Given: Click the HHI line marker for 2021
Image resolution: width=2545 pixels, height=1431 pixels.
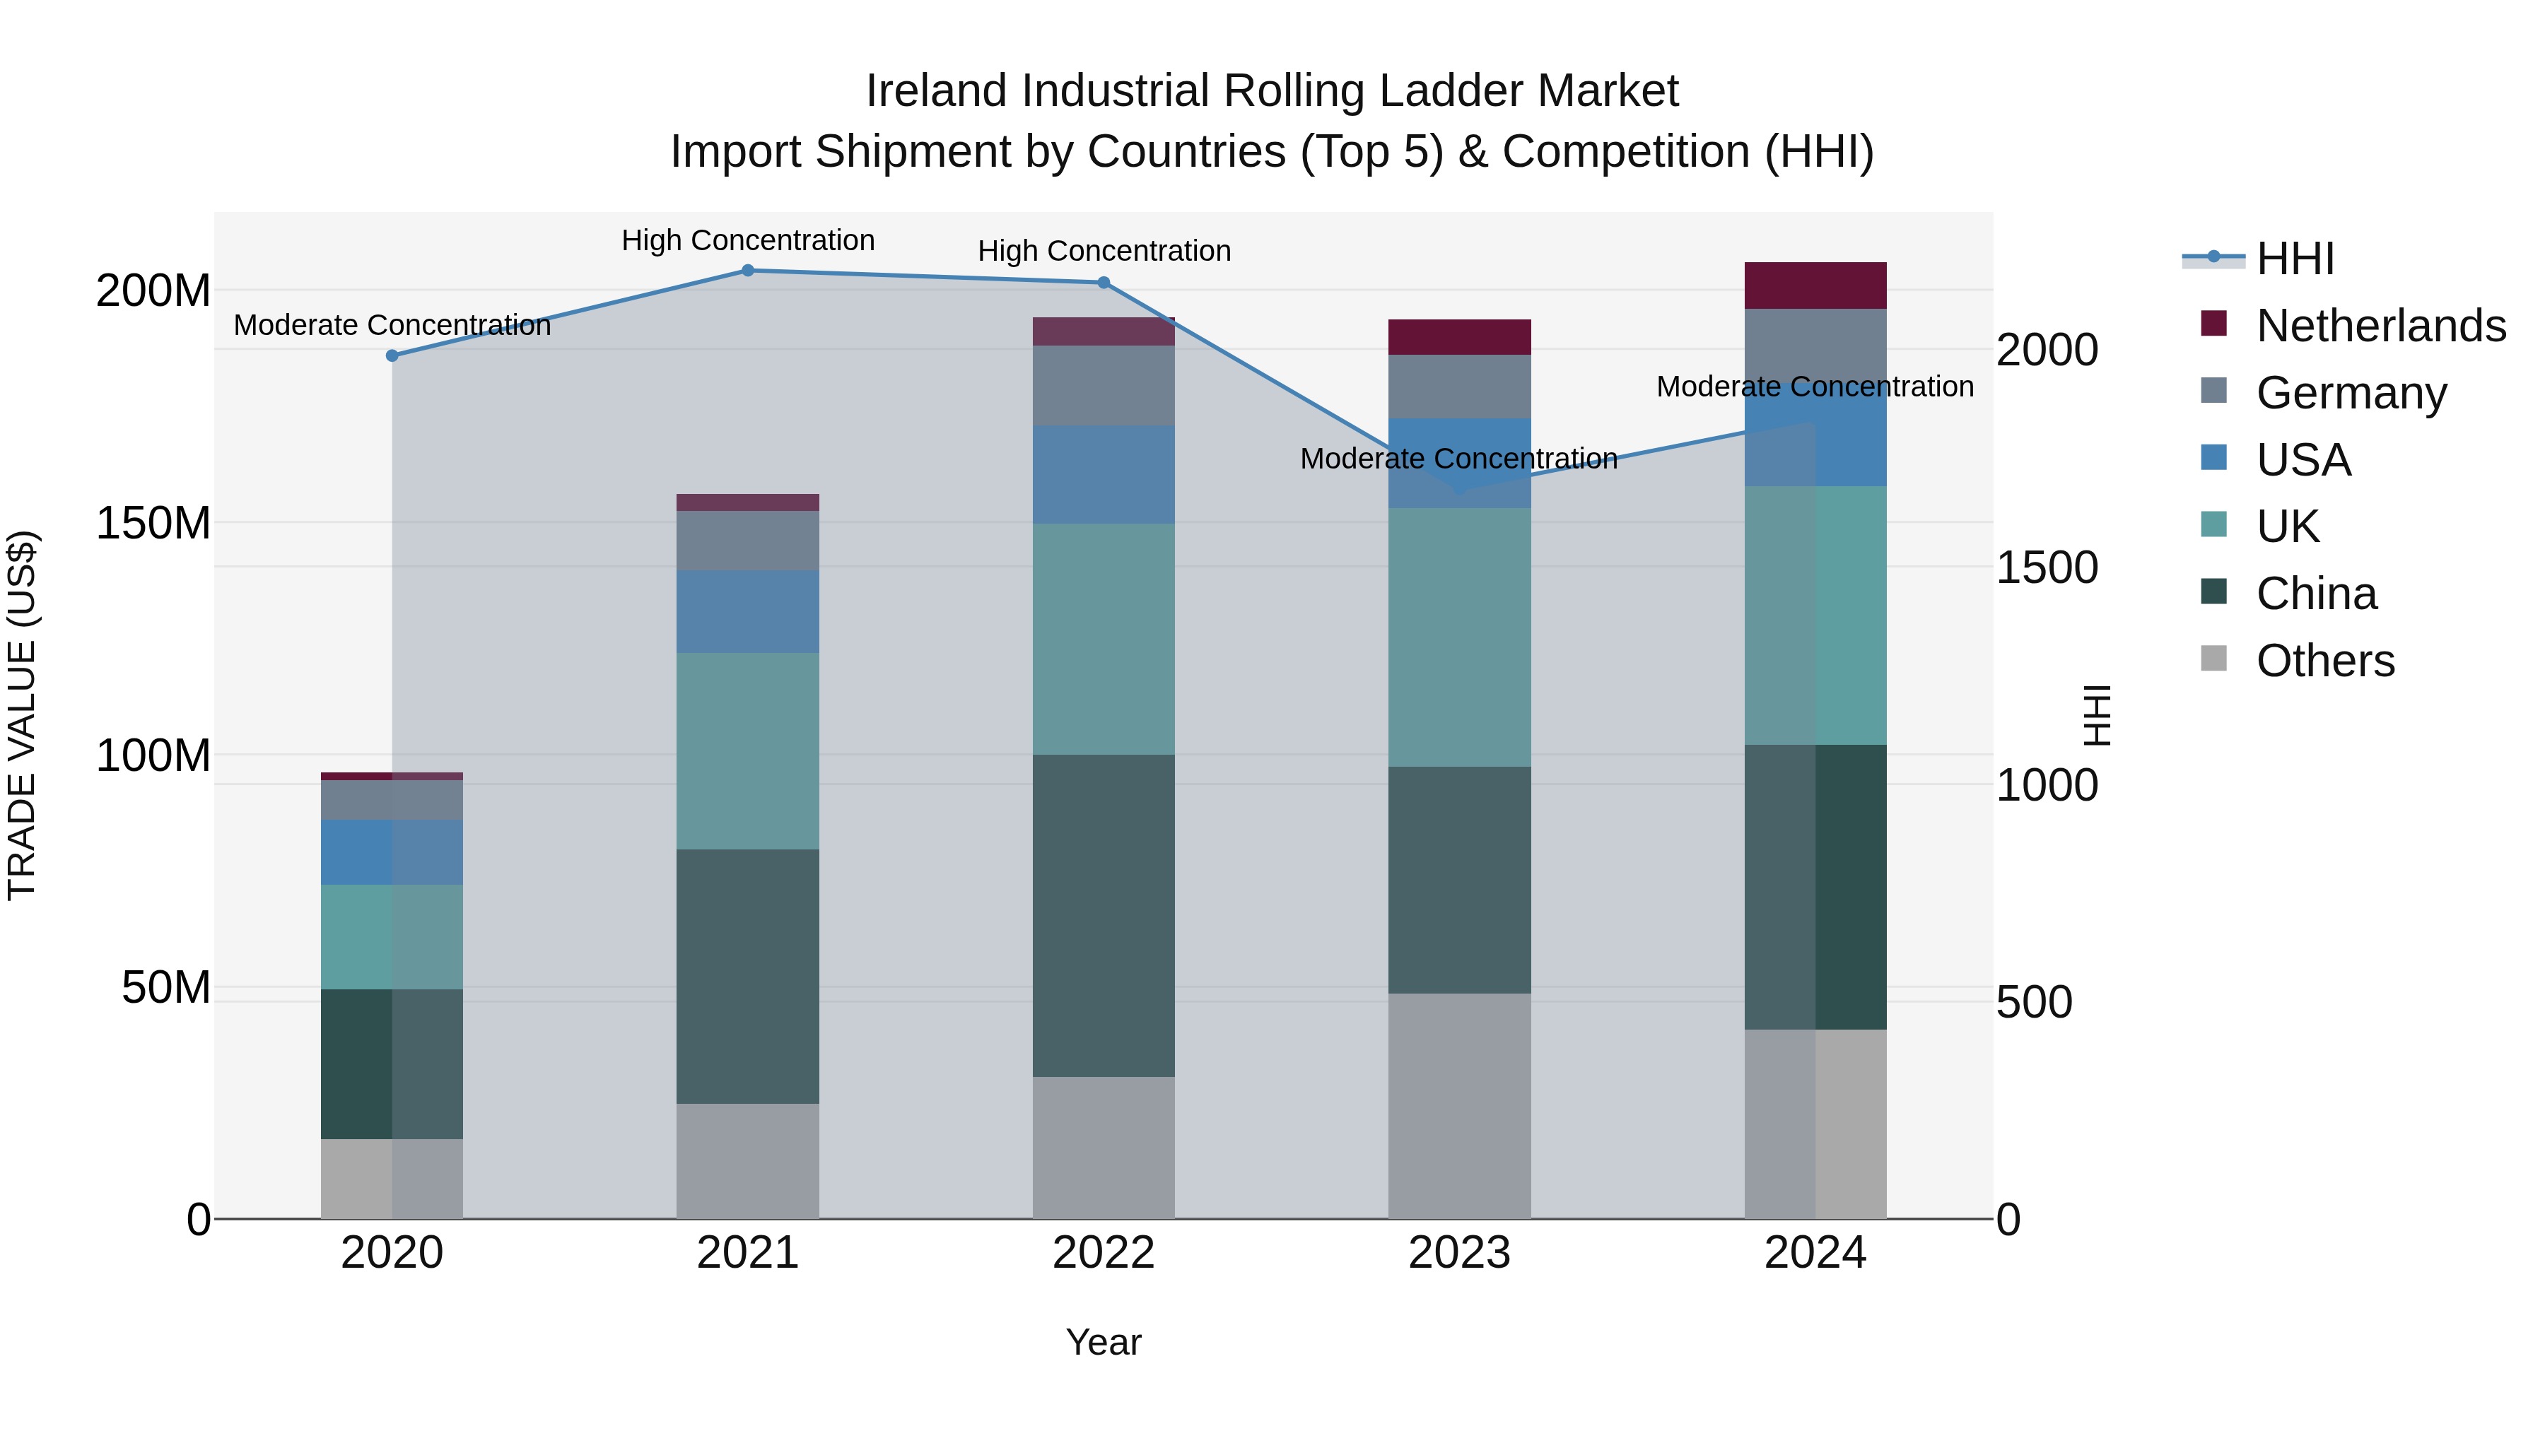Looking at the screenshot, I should (748, 271).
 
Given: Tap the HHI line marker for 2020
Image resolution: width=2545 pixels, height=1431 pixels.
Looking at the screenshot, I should (392, 355).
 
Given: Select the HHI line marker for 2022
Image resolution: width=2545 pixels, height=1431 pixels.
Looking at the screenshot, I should (1104, 283).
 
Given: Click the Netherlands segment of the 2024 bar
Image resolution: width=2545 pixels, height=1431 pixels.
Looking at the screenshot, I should (1815, 285).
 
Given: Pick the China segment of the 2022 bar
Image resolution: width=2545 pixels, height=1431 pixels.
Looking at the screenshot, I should (1104, 914).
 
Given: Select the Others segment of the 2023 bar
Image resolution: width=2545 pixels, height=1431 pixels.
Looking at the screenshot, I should (1459, 1105).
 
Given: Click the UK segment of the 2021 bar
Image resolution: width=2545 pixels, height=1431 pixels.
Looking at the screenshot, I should (748, 750).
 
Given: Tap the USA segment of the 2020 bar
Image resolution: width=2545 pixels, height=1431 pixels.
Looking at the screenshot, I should (392, 852).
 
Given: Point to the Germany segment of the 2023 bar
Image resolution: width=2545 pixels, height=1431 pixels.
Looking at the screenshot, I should (1459, 386).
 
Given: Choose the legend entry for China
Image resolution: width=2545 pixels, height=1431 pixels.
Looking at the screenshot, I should (2316, 594).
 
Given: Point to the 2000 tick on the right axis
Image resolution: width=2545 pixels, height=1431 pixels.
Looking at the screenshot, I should (2047, 351).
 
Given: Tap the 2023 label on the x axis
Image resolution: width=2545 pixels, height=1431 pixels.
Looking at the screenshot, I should (1459, 1253).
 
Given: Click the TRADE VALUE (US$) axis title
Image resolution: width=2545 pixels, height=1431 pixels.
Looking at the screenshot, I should (22, 715).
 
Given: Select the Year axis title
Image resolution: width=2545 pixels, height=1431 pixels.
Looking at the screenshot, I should (1104, 1342).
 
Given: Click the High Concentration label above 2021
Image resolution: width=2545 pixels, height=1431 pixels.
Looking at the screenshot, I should (748, 240).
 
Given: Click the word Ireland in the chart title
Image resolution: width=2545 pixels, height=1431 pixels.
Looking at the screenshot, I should (937, 91).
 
